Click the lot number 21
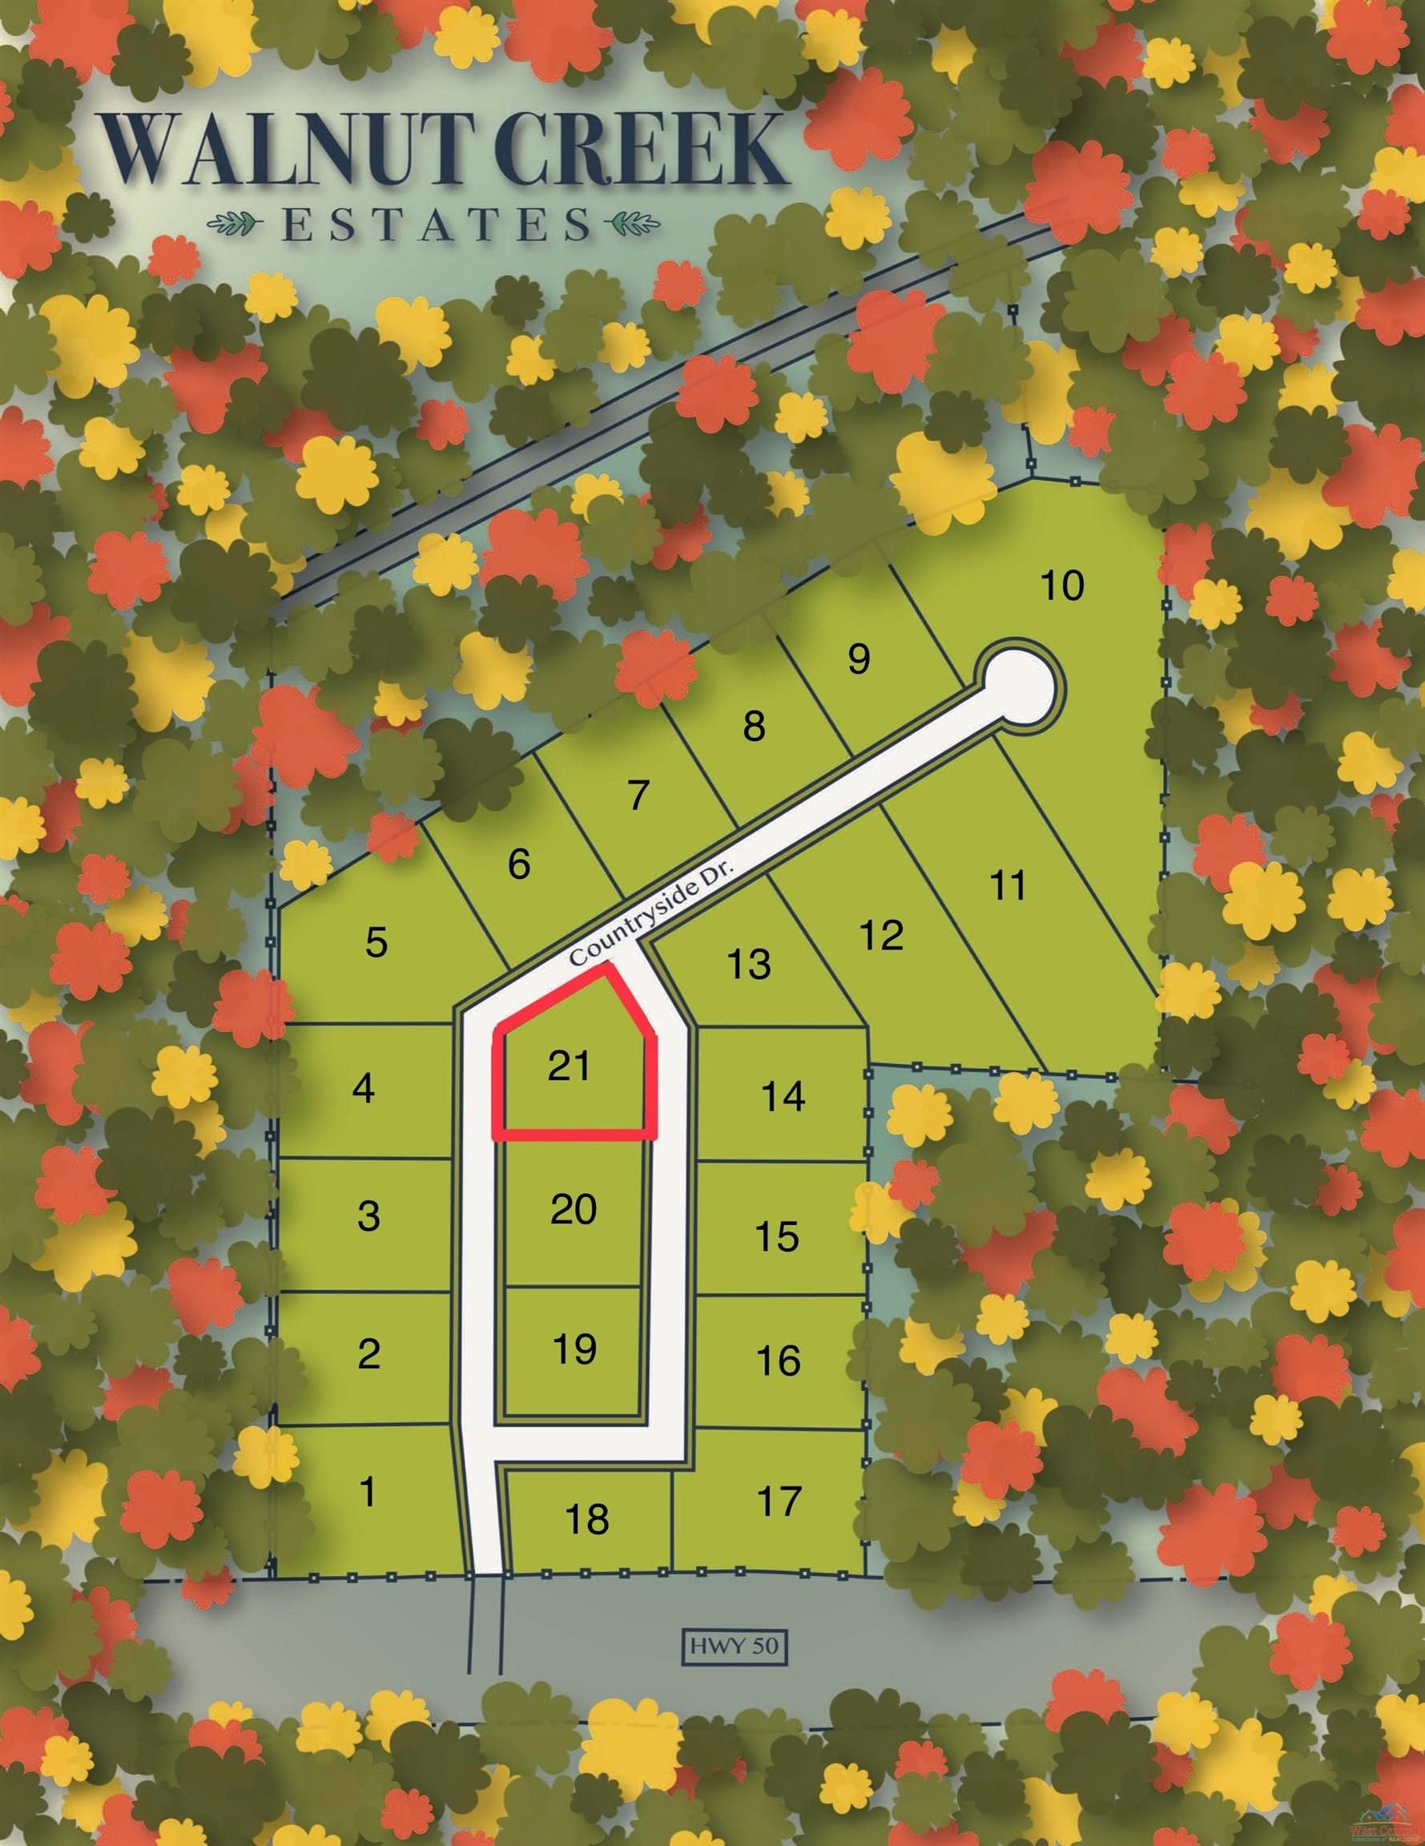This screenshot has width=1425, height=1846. [569, 1066]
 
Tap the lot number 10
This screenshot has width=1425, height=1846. [1061, 586]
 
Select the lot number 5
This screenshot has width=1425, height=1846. [376, 941]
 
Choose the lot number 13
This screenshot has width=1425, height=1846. [749, 964]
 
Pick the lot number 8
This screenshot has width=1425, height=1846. [754, 726]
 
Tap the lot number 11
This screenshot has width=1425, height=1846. [1007, 886]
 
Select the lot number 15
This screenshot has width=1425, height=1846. [778, 1235]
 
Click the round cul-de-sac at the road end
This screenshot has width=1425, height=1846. [1020, 687]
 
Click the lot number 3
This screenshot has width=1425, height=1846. [368, 1215]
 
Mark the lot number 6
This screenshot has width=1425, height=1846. [518, 863]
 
